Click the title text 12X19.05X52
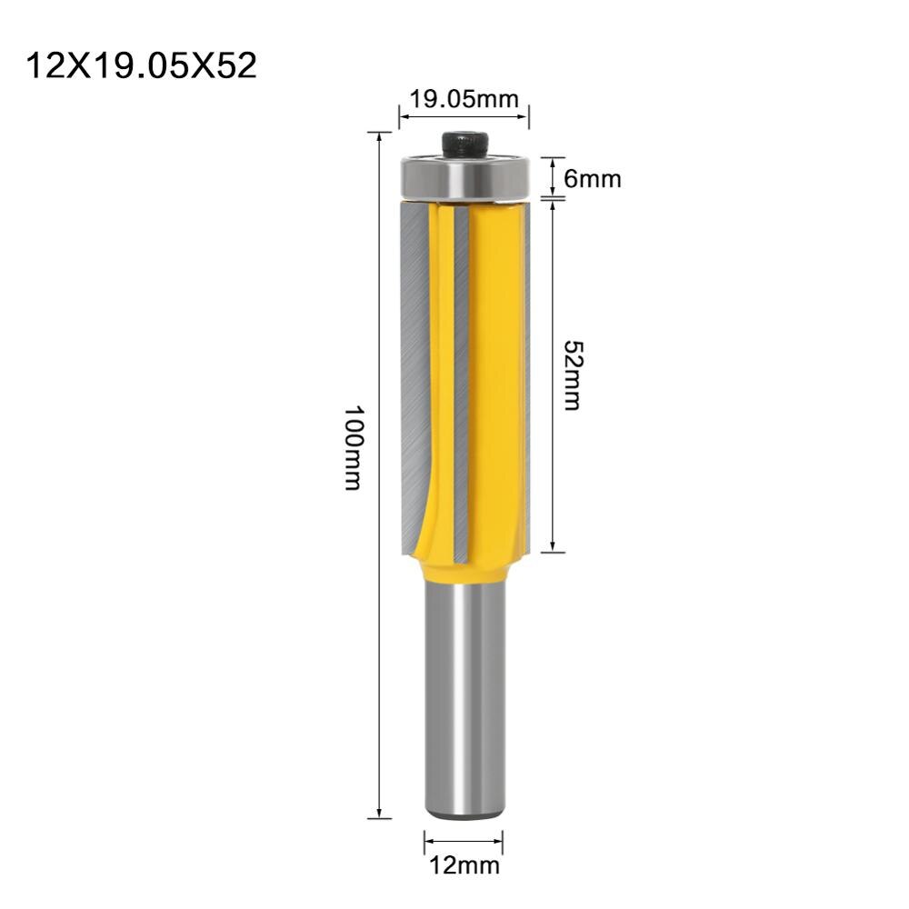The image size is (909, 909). click(142, 65)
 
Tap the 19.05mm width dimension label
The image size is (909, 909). click(464, 100)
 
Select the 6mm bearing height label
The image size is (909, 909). click(592, 178)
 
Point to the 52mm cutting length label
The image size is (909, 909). click(572, 375)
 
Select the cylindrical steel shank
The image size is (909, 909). click(464, 709)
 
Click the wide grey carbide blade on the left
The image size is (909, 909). click(415, 373)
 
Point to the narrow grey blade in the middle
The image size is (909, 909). click(461, 382)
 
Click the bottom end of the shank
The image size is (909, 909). click(464, 814)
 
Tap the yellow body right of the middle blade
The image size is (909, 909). click(495, 382)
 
